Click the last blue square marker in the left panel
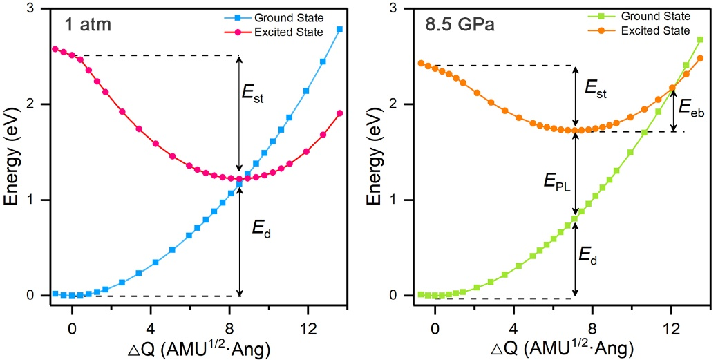339,29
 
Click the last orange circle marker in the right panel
700,58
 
